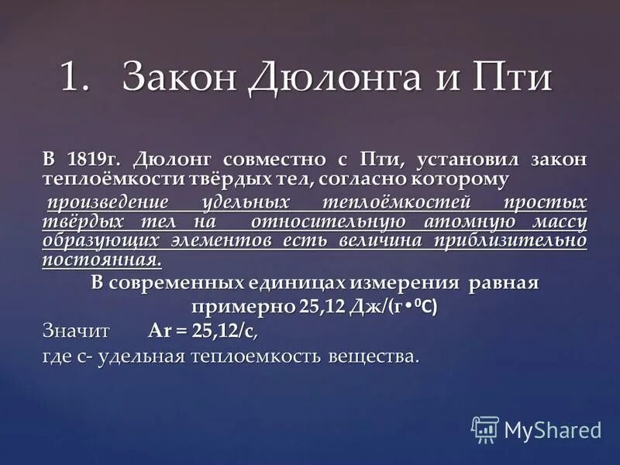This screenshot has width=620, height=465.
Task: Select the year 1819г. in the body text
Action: pos(91,160)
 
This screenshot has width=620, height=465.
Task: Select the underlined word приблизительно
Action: pos(511,240)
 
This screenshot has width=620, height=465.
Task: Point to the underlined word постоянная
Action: pos(102,260)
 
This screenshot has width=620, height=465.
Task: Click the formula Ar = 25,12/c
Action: pos(202,332)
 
